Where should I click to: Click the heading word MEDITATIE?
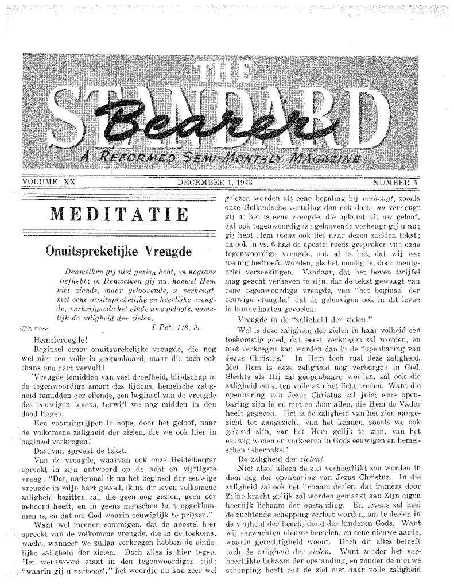[x=119, y=214]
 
